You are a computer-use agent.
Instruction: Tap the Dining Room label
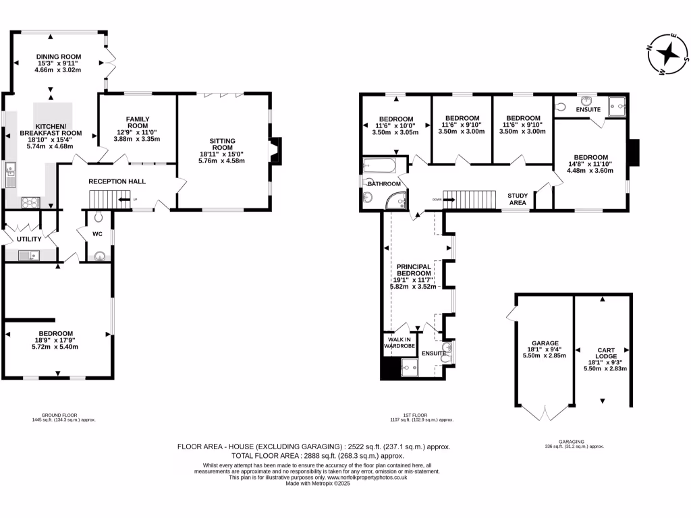pyautogui.click(x=59, y=57)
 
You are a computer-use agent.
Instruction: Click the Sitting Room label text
pyautogui.click(x=222, y=145)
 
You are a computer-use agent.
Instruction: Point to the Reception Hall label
pyautogui.click(x=117, y=181)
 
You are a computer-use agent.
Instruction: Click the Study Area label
pyautogui.click(x=518, y=198)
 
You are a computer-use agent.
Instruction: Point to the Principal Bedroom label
pyautogui.click(x=414, y=271)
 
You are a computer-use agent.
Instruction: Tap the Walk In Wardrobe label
pyautogui.click(x=398, y=342)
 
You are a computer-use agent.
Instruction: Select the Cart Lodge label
pyautogui.click(x=605, y=354)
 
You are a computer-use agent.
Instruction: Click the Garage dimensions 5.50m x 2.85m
pyautogui.click(x=544, y=355)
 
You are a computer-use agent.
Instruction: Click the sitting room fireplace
pyautogui.click(x=277, y=151)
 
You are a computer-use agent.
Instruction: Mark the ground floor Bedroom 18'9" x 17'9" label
pyautogui.click(x=55, y=333)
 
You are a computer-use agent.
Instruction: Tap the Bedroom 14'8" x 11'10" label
pyautogui.click(x=590, y=156)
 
